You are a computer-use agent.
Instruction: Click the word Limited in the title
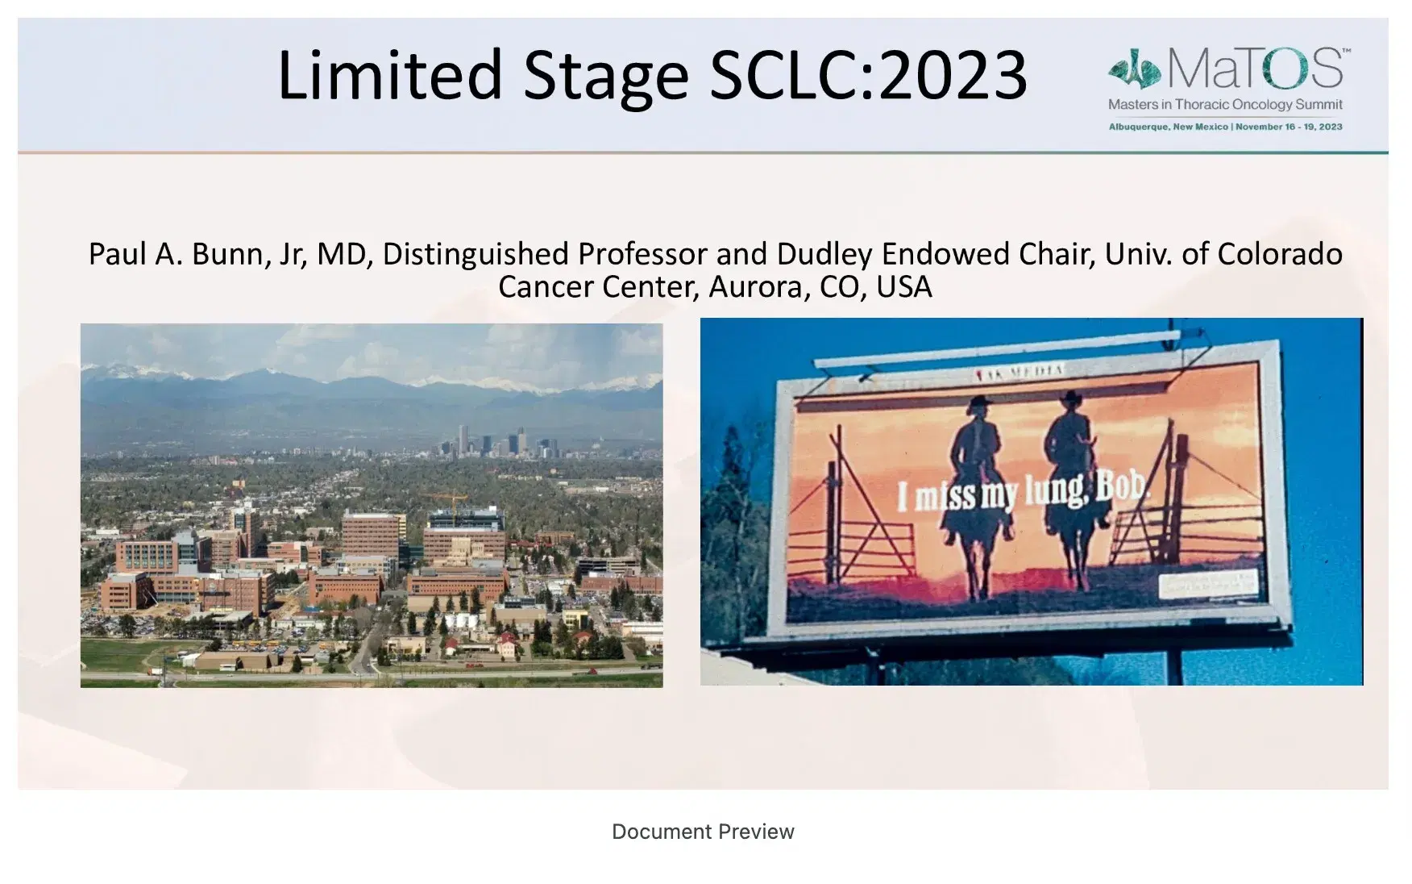[x=390, y=75]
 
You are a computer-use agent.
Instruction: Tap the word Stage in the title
[x=606, y=75]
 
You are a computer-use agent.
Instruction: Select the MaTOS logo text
[x=1255, y=69]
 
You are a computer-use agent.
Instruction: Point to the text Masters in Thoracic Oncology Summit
[x=1225, y=104]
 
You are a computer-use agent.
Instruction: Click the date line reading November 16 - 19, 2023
[x=1289, y=127]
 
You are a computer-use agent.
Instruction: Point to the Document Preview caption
[x=703, y=832]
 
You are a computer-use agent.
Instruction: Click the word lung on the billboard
[x=1055, y=492]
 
